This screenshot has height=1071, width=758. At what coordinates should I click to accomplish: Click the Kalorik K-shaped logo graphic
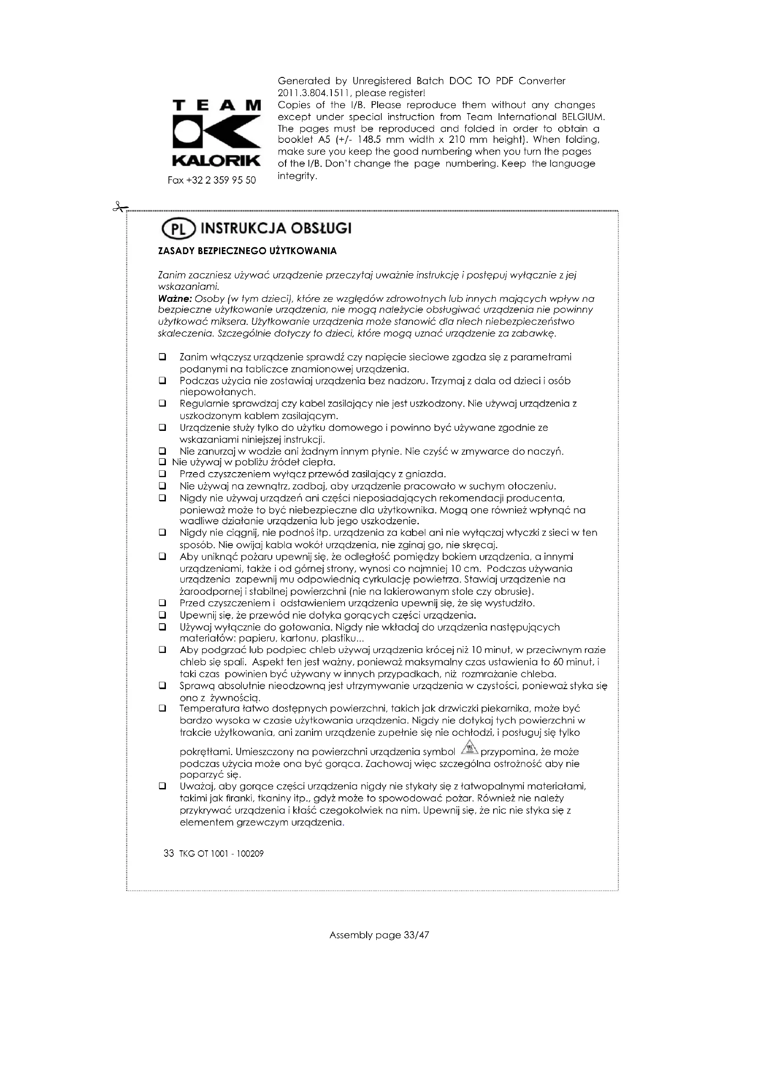click(216, 133)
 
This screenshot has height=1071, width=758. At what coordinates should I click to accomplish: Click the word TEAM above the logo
click(216, 105)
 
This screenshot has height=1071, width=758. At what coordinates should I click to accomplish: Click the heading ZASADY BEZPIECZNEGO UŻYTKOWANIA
click(247, 251)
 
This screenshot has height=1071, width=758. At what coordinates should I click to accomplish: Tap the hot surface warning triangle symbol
click(469, 747)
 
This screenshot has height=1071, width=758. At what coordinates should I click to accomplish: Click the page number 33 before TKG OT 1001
click(169, 854)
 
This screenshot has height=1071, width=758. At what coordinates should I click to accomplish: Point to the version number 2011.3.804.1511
click(313, 93)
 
